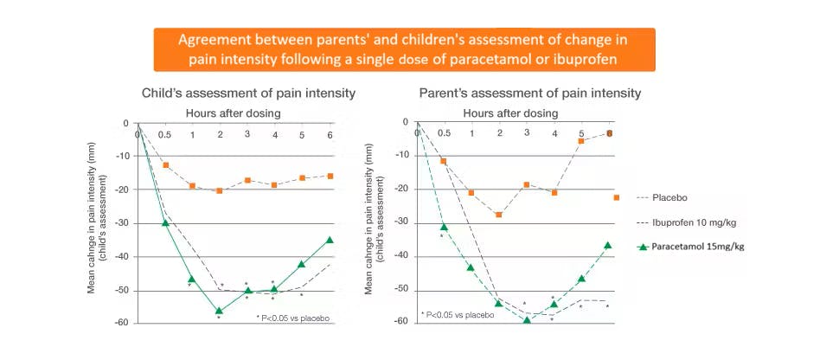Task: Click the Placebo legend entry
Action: [675, 196]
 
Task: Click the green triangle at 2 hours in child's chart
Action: [219, 310]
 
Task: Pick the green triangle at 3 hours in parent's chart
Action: [526, 319]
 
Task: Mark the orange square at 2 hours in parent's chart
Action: [499, 214]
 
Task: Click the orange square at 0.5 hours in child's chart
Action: [165, 164]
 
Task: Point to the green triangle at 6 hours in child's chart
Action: [330, 240]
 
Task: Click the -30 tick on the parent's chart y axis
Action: [400, 222]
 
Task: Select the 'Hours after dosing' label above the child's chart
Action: [233, 112]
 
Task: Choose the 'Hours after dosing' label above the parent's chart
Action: [510, 112]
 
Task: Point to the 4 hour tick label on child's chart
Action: [274, 135]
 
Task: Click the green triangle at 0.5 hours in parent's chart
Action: [444, 227]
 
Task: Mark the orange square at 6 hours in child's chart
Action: [330, 176]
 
